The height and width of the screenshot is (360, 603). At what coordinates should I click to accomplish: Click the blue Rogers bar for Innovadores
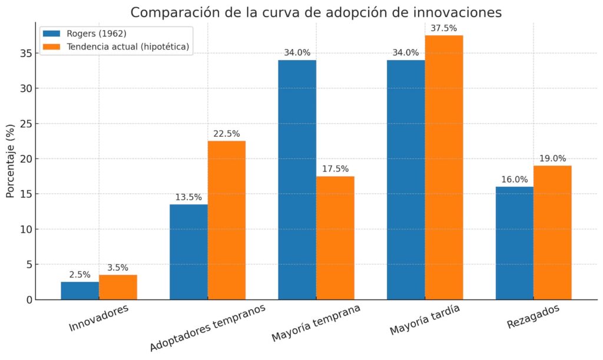coord(79,290)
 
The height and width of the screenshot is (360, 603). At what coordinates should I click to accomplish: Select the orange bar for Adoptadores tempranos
coord(227,220)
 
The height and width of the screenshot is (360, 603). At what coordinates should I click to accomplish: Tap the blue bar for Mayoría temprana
coord(297,180)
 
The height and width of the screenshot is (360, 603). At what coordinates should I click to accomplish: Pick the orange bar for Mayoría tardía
coord(444,167)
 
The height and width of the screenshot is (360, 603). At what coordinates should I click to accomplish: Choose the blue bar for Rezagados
coord(514,243)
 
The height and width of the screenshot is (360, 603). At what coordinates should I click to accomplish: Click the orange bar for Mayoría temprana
coord(335,237)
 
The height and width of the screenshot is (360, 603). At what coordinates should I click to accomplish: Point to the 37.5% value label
coord(444,28)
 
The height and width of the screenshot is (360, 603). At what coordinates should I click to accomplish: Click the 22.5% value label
coord(227,134)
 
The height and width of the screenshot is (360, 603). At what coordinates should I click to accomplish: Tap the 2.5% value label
coord(79,275)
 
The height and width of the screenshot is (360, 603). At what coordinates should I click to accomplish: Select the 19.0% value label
coord(552,158)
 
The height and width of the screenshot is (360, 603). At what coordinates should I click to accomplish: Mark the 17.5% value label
coord(335,169)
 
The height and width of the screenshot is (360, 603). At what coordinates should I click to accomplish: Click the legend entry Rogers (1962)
coord(97,34)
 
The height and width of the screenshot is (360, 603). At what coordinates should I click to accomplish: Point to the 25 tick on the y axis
coord(25,124)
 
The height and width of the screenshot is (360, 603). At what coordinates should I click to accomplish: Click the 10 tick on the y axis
coord(25,229)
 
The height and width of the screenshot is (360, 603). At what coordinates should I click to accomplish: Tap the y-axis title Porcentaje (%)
coord(10,160)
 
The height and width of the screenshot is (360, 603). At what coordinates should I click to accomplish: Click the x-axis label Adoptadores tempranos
coord(208,328)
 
